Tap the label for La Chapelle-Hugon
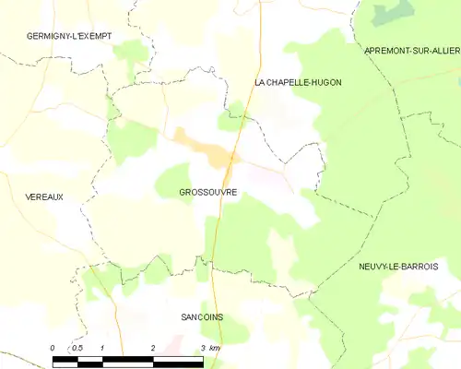pos(298,83)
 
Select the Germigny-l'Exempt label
pos(69,36)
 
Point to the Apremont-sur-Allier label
pos(412,49)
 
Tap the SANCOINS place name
pos(202,316)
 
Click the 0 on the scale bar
pos(53,348)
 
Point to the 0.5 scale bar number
pos(77,348)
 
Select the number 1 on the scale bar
pos(102,348)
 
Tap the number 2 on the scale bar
pos(152,348)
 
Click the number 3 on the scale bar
pos(202,348)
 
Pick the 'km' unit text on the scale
pos(214,348)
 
